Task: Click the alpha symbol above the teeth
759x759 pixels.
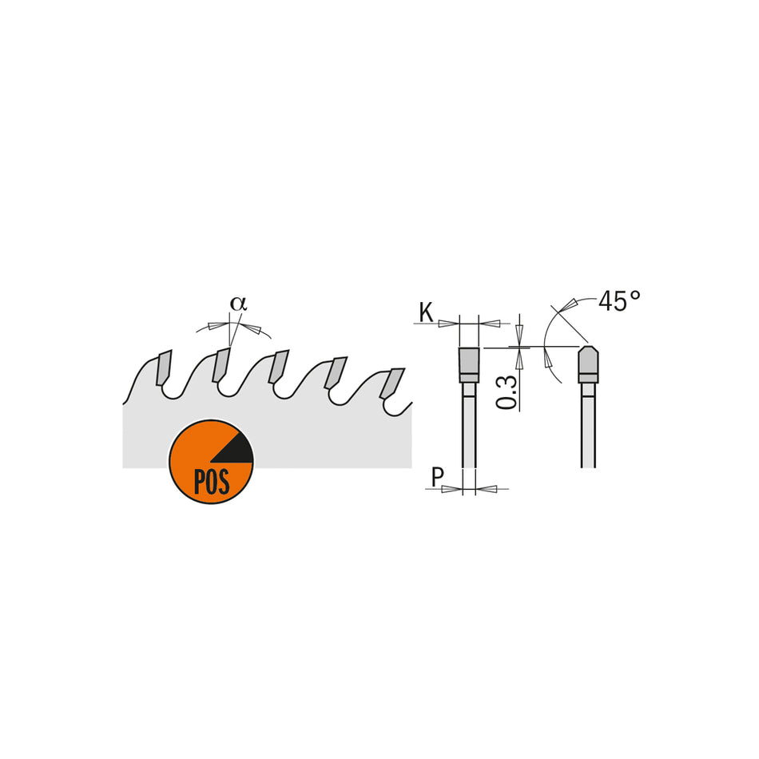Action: coord(238,304)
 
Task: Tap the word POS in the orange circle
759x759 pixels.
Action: coord(211,481)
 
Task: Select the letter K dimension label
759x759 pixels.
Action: coord(426,313)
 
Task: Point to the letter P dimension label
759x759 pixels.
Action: coord(437,478)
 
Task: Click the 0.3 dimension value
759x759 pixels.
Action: coord(507,391)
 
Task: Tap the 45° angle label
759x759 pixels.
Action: coord(619,301)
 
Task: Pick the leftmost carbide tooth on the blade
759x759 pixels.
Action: coord(164,368)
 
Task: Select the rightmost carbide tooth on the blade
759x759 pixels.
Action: coord(392,381)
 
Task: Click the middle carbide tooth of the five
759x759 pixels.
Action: coord(278,367)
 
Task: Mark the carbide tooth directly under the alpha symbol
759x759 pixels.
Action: coord(221,365)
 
